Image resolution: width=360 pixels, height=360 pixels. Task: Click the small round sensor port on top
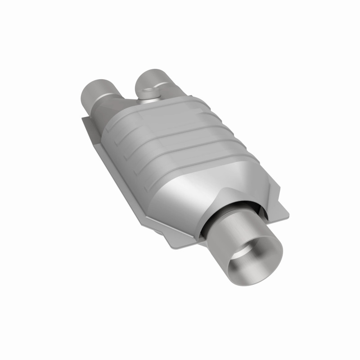147,94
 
